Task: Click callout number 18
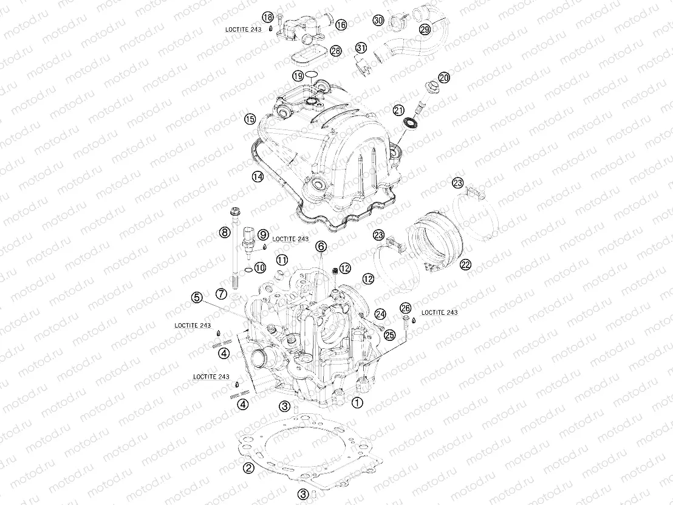tap(268, 17)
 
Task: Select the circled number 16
tap(341, 25)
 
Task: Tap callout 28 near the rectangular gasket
tap(336, 52)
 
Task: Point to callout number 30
tap(378, 20)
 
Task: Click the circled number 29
tap(425, 29)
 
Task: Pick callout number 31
tap(361, 48)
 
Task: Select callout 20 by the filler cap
tap(444, 78)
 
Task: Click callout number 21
tap(398, 110)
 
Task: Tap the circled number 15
tap(250, 119)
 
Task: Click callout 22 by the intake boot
tap(466, 264)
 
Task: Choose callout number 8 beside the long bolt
tap(224, 232)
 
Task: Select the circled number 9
tap(263, 234)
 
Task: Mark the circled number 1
tap(357, 402)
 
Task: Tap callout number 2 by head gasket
tap(248, 468)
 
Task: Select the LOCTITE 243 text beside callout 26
tap(439, 312)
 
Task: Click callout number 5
tap(197, 297)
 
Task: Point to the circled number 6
tap(321, 246)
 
